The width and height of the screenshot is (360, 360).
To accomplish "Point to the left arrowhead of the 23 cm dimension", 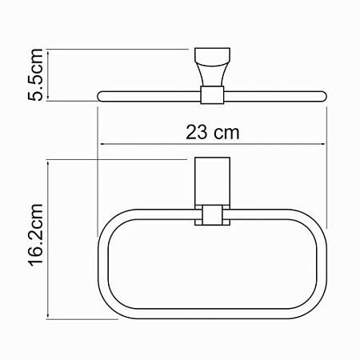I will pos(102,145).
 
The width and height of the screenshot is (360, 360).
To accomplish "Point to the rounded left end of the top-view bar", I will pos(100,97).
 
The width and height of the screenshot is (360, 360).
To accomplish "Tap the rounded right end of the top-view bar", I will pos(323,97).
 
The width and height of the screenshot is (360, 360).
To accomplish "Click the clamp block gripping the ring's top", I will pos(211,217).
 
